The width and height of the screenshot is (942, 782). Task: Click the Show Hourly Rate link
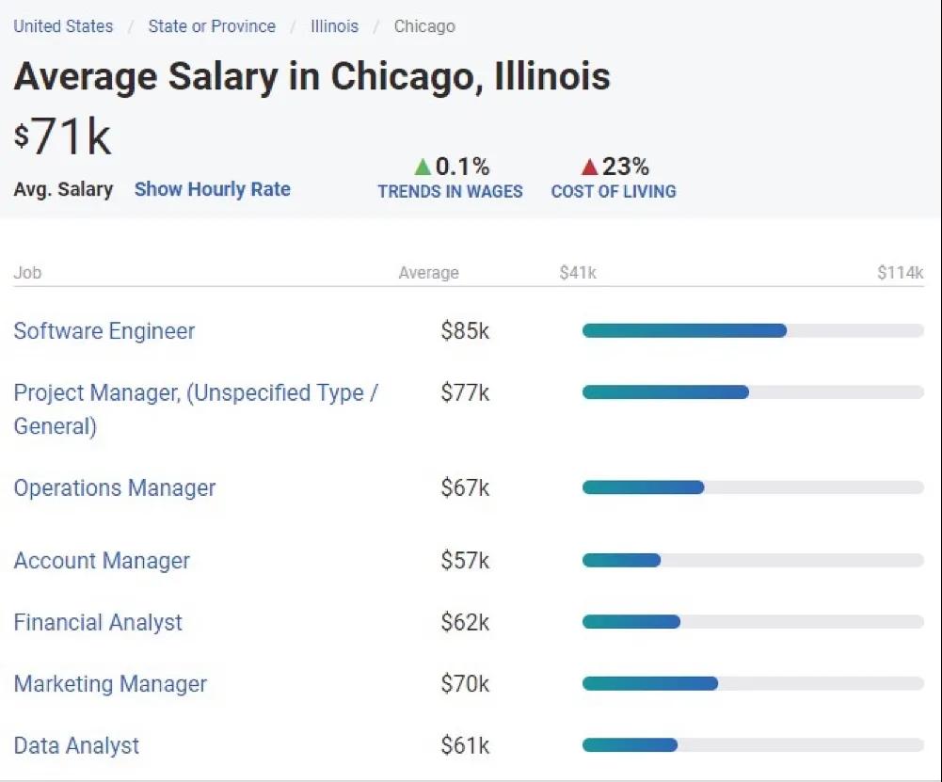pyautogui.click(x=212, y=189)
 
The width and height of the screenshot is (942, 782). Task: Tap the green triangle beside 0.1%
pyautogui.click(x=423, y=168)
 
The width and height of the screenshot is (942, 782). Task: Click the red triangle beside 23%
pyautogui.click(x=589, y=168)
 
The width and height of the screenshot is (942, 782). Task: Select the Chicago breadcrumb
pyautogui.click(x=424, y=26)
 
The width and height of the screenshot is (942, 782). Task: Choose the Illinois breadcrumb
pyautogui.click(x=334, y=26)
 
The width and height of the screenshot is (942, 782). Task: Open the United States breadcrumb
pyautogui.click(x=63, y=26)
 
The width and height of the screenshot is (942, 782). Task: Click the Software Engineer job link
pyautogui.click(x=104, y=331)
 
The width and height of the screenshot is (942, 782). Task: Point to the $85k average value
pyautogui.click(x=465, y=331)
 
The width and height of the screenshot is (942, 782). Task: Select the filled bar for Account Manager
pyautogui.click(x=621, y=560)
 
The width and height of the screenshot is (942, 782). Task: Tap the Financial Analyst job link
pyautogui.click(x=98, y=622)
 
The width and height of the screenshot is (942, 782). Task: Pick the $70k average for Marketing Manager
pyautogui.click(x=465, y=684)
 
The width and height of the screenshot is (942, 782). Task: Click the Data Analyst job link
pyautogui.click(x=76, y=746)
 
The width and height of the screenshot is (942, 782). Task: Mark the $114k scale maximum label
pyautogui.click(x=900, y=273)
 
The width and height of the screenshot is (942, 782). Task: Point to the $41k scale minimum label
pyautogui.click(x=578, y=273)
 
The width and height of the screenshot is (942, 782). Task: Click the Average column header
pyautogui.click(x=428, y=273)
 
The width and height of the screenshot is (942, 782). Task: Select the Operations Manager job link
pyautogui.click(x=115, y=488)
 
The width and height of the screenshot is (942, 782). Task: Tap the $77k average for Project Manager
pyautogui.click(x=465, y=392)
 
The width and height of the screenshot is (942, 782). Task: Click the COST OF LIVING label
pyautogui.click(x=614, y=191)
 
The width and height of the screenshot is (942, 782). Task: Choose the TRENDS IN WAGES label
pyautogui.click(x=450, y=191)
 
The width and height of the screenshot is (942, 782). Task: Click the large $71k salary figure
pyautogui.click(x=63, y=137)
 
